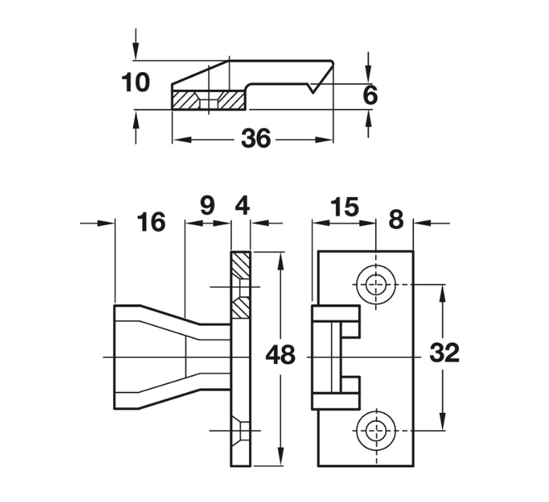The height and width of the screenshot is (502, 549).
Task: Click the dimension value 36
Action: click(255, 139)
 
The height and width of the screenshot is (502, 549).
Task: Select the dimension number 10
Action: click(135, 83)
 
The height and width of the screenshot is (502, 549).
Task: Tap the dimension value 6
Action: click(371, 95)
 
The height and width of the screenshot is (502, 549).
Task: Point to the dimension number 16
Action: click(151, 222)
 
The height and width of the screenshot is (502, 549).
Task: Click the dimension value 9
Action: click(207, 206)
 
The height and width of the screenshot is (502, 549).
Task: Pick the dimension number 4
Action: click(242, 206)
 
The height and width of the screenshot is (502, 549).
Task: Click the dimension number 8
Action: click(395, 221)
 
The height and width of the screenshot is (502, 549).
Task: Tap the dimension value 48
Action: click(280, 355)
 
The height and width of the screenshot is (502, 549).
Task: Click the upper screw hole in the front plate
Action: click(376, 285)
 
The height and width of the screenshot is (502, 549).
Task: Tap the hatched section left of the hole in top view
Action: click(185, 100)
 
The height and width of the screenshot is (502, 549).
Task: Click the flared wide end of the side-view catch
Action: click(127, 357)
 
